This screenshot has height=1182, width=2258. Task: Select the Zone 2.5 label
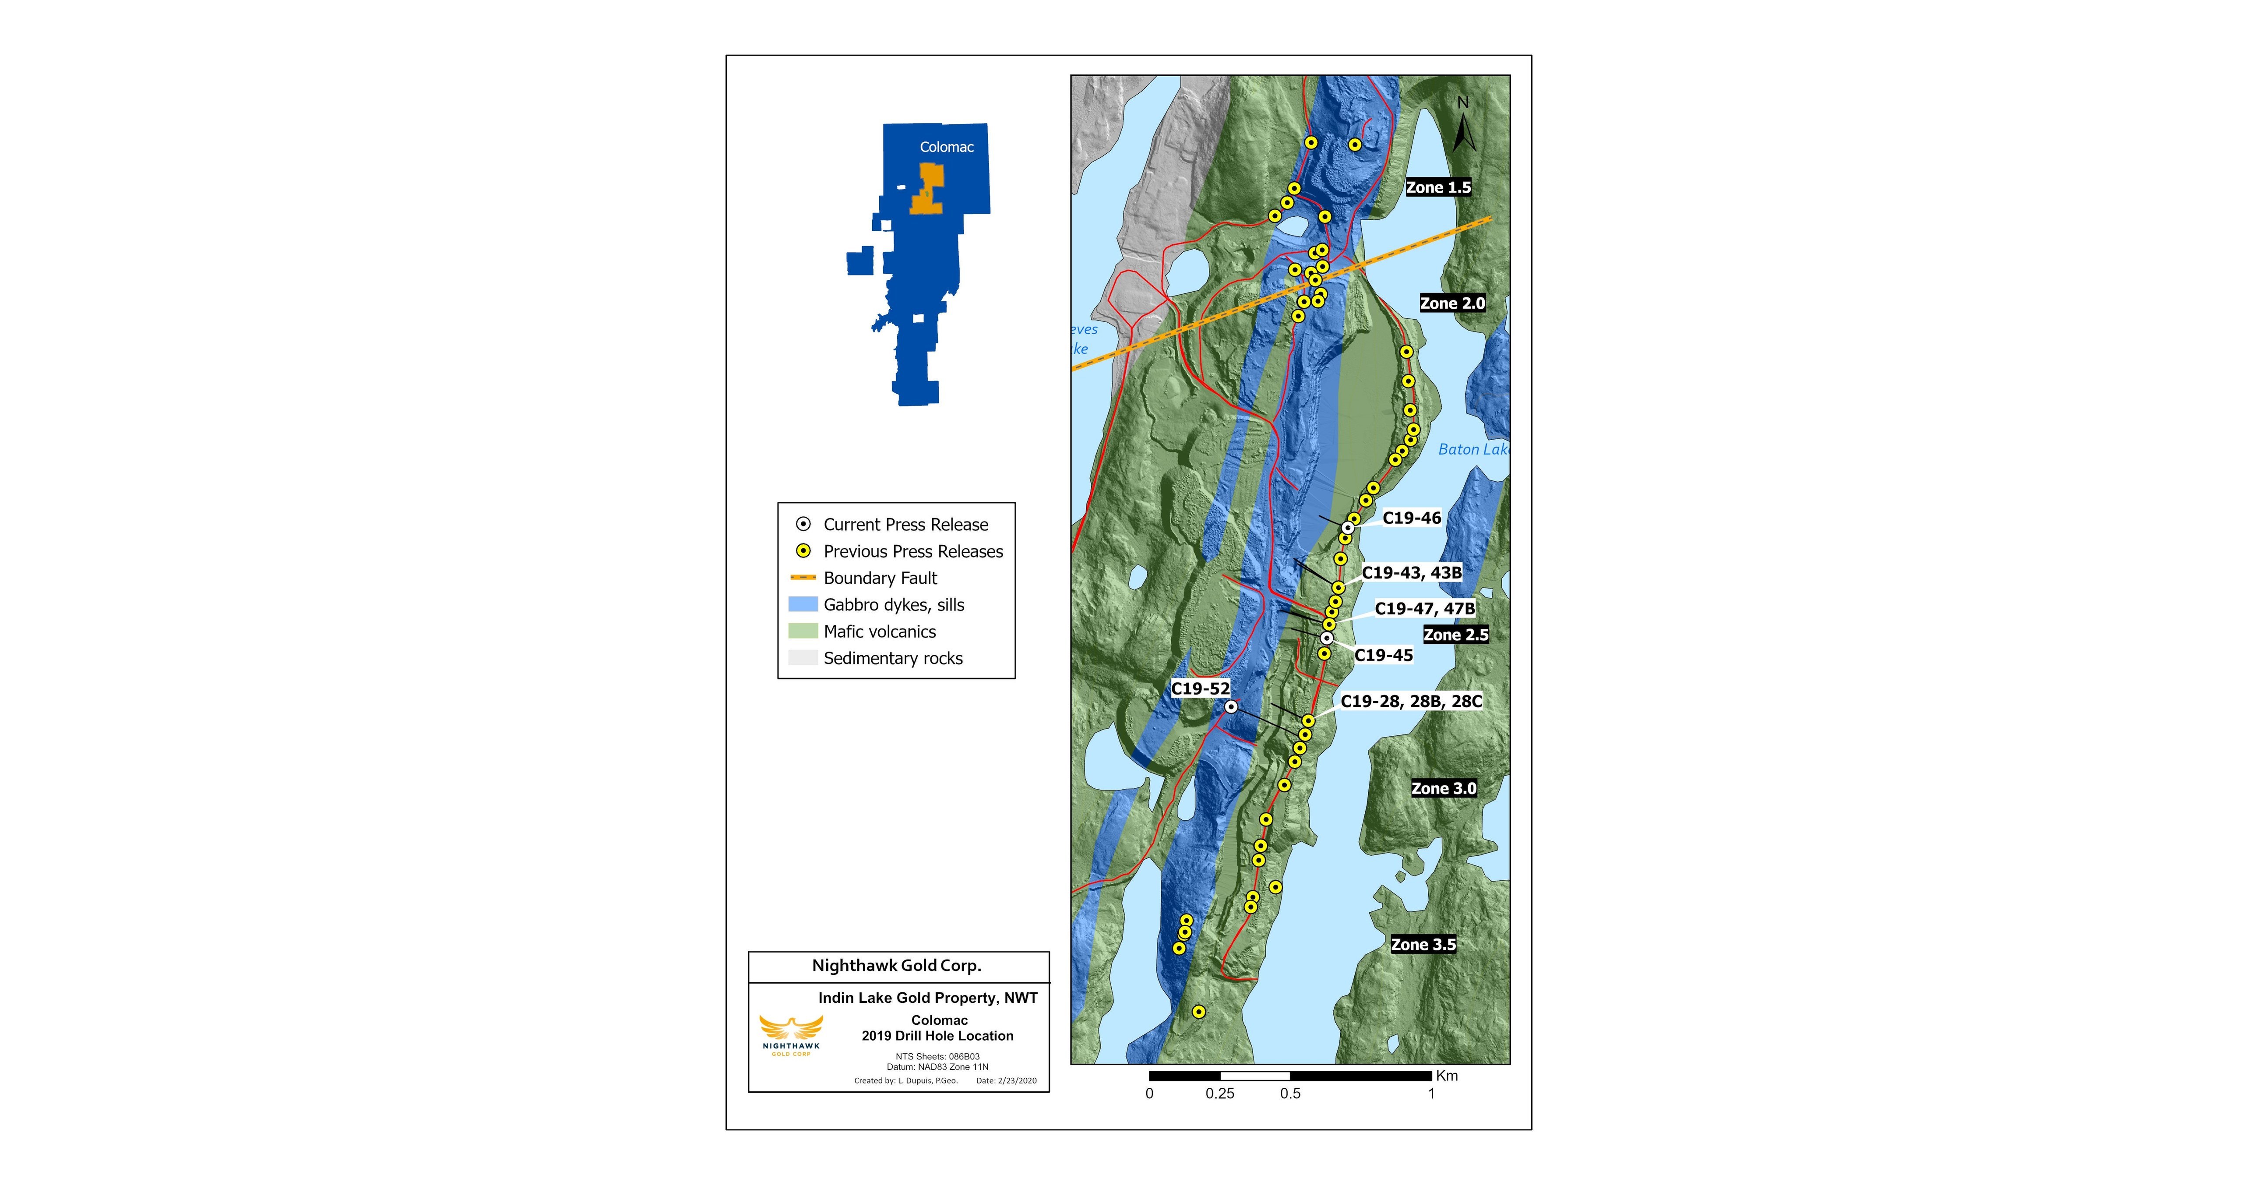point(1455,635)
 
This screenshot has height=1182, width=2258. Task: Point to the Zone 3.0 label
point(1443,788)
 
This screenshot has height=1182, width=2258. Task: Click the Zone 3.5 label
point(1423,944)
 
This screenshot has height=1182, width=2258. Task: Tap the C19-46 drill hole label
point(1411,518)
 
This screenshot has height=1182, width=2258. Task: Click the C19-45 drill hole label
point(1383,655)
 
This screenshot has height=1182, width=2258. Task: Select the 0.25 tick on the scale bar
point(1219,1094)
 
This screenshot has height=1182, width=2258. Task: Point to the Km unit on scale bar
point(1447,1076)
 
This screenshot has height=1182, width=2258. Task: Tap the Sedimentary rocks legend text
point(892,659)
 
